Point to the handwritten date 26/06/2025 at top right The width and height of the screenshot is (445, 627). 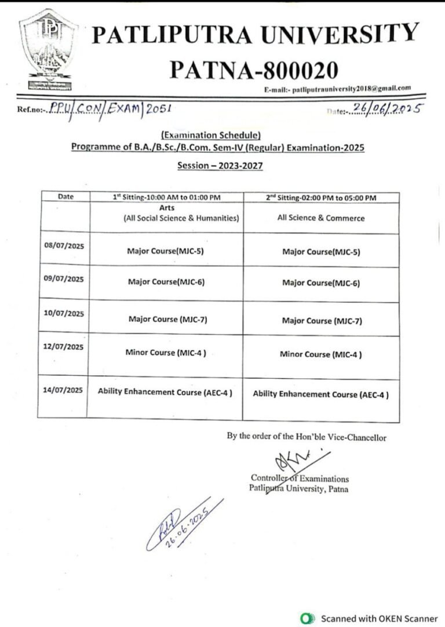(x=385, y=108)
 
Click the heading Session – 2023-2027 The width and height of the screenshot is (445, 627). (x=220, y=166)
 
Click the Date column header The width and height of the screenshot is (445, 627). (x=65, y=197)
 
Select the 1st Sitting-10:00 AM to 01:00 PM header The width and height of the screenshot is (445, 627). (x=167, y=197)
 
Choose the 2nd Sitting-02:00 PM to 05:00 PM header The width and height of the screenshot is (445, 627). (x=321, y=197)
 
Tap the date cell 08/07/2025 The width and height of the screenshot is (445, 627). (x=64, y=245)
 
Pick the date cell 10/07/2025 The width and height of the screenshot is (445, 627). (x=64, y=314)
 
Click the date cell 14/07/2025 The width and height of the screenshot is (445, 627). (x=64, y=390)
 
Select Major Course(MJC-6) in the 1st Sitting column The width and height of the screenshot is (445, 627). (x=166, y=283)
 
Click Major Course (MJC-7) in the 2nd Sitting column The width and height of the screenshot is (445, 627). (x=322, y=321)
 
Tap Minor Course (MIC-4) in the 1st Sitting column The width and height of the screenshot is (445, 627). (x=166, y=352)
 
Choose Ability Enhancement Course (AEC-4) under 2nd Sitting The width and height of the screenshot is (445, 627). (x=320, y=394)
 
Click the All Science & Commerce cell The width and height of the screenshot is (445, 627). (x=321, y=218)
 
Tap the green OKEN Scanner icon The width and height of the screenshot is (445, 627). (x=307, y=618)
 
